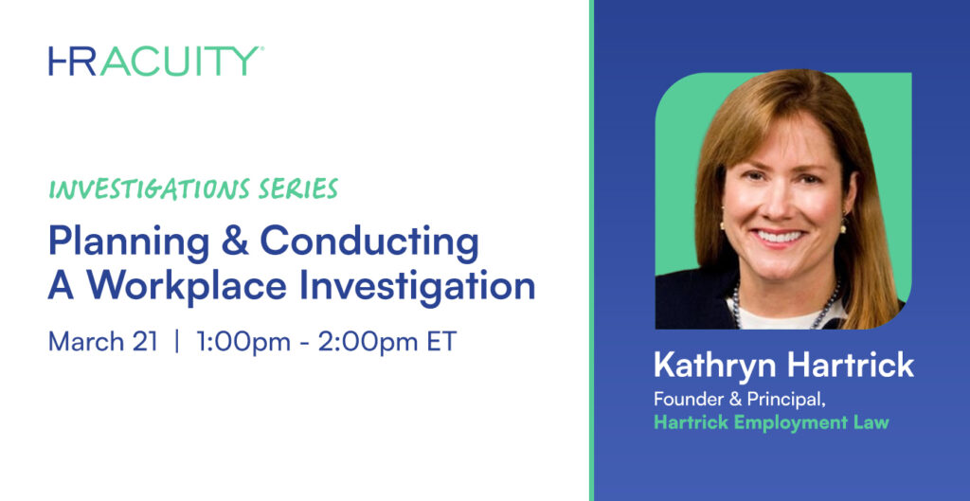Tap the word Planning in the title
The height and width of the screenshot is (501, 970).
tap(129, 243)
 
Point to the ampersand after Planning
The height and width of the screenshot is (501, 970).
tap(235, 242)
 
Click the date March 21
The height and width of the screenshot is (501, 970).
tap(102, 342)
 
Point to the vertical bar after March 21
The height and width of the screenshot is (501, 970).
tap(177, 342)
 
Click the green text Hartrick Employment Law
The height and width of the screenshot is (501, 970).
tap(771, 423)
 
